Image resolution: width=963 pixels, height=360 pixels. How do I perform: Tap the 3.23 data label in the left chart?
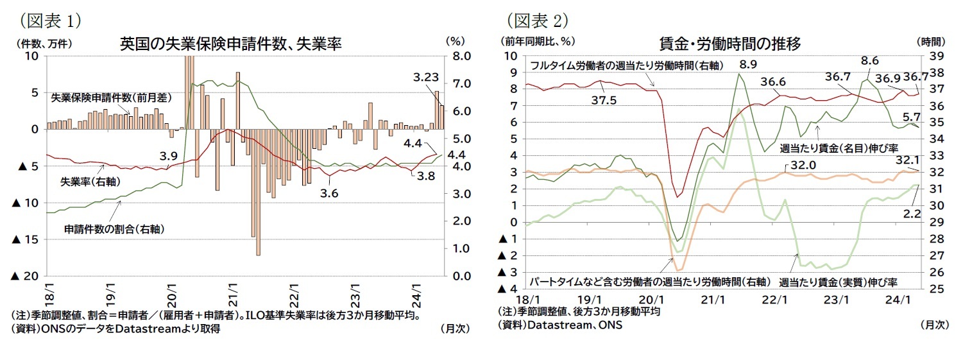tap(425, 77)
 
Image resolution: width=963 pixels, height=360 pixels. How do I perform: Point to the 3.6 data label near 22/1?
tap(330, 193)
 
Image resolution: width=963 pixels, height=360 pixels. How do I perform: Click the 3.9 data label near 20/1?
tap(168, 155)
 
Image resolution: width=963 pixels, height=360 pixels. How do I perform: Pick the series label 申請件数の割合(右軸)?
tap(103, 228)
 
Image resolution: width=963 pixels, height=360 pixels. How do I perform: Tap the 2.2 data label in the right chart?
tap(912, 213)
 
